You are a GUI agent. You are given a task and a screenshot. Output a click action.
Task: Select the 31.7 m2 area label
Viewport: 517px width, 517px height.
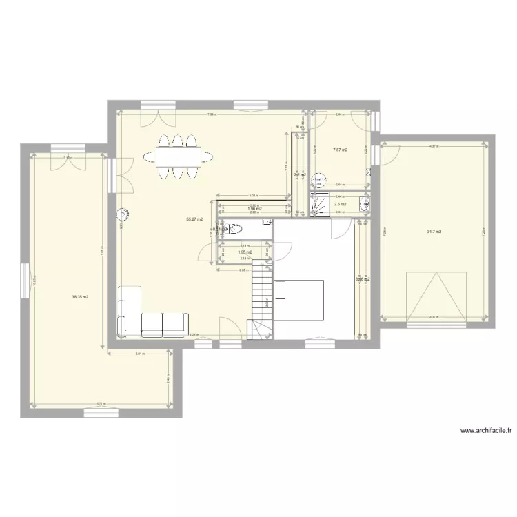click(x=434, y=232)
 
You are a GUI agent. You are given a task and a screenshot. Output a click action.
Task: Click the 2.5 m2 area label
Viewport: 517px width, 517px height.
click(x=340, y=204)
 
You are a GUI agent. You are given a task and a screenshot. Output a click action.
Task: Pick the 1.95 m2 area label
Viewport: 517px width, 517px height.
click(x=243, y=252)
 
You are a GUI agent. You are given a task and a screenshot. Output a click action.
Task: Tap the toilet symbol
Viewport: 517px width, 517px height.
click(x=235, y=230)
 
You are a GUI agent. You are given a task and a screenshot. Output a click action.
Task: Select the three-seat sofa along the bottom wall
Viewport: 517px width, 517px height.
click(x=164, y=324)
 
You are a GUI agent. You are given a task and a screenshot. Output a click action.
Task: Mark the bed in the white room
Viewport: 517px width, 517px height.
click(x=300, y=299)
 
